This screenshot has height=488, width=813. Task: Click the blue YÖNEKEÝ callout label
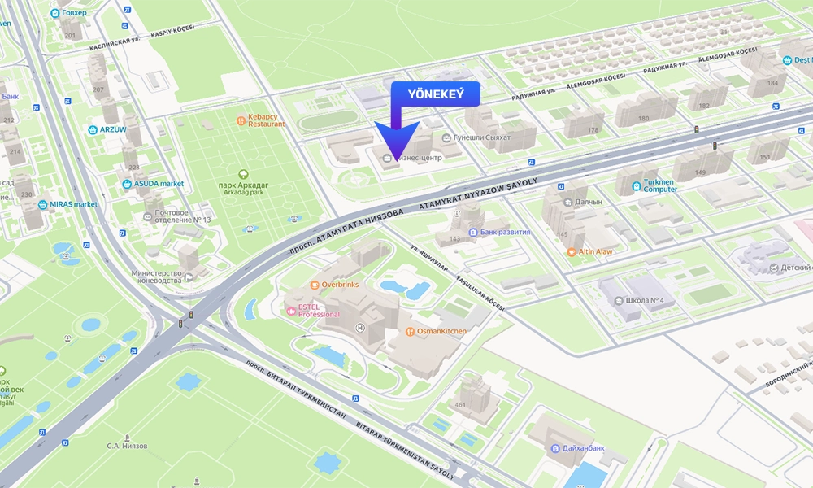click(x=435, y=94)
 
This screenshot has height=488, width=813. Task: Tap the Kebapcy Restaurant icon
click(x=241, y=121)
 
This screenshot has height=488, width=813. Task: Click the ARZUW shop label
click(x=112, y=129)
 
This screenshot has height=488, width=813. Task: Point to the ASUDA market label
click(x=159, y=184)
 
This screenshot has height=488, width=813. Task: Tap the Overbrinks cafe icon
click(x=315, y=285)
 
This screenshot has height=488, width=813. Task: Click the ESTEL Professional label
click(x=319, y=310)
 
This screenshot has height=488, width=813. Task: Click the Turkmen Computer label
click(x=660, y=185)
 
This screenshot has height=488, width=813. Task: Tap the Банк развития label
click(x=505, y=232)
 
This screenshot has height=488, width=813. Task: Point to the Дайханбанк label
click(x=582, y=448)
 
